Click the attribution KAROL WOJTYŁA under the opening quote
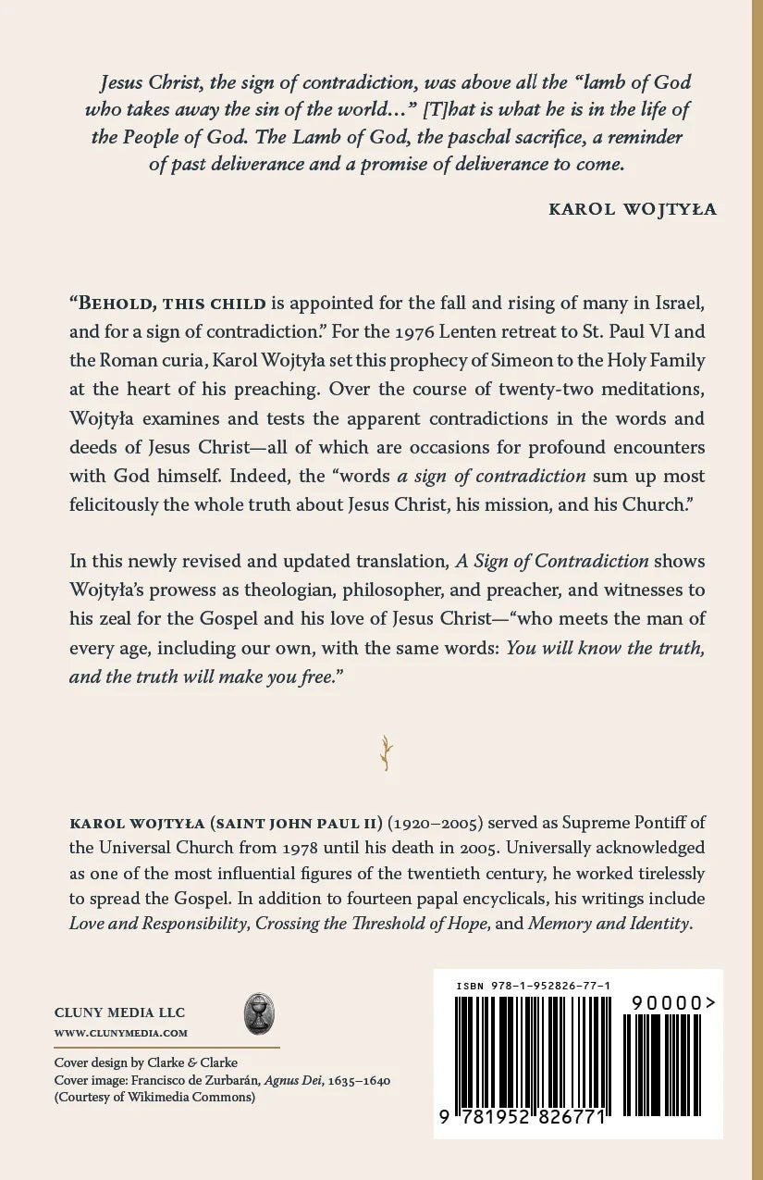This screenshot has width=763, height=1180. click(633, 209)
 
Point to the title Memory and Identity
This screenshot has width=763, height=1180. click(609, 924)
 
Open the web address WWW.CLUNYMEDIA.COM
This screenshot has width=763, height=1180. click(120, 1033)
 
